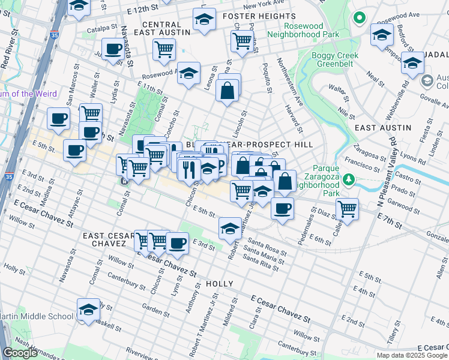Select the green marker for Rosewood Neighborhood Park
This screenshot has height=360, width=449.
tap(360, 17)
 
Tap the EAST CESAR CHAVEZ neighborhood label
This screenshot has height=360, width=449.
tap(114, 239)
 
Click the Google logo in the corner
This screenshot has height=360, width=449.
tap(20, 353)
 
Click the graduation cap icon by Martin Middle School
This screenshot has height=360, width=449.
tap(88, 309)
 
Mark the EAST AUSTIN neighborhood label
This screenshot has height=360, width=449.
tap(382, 128)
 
